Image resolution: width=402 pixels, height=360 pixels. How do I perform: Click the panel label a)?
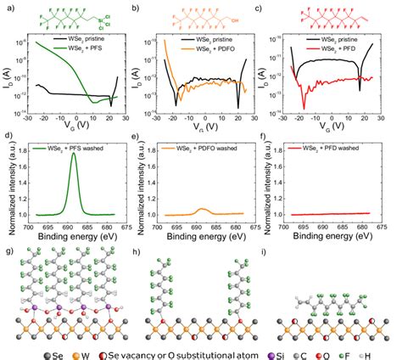coord(8,7)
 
